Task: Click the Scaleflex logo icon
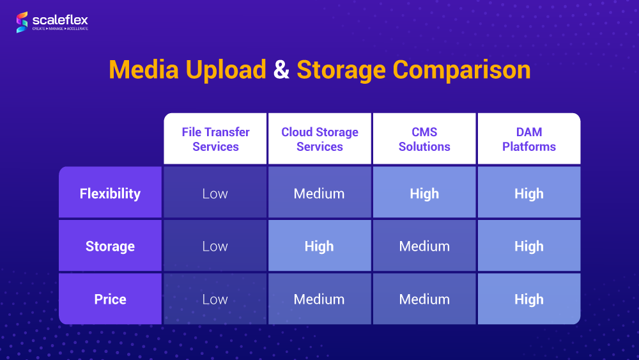pyautogui.click(x=22, y=22)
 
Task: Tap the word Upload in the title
pyautogui.click(x=226, y=70)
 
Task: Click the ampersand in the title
pyautogui.click(x=281, y=70)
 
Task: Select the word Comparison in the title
pyautogui.click(x=461, y=70)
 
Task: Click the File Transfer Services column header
pyautogui.click(x=215, y=139)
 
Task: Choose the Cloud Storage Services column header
pyautogui.click(x=319, y=139)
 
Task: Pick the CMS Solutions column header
pyautogui.click(x=424, y=139)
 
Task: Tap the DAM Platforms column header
pyautogui.click(x=529, y=139)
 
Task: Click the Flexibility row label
pyautogui.click(x=110, y=194)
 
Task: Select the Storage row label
pyautogui.click(x=110, y=246)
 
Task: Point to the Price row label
pyautogui.click(x=110, y=299)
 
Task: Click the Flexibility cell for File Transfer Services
pyautogui.click(x=215, y=194)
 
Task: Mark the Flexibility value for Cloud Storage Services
pyautogui.click(x=319, y=194)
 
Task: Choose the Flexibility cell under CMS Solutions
pyautogui.click(x=424, y=194)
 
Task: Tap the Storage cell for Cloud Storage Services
pyautogui.click(x=319, y=246)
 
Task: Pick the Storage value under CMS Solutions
pyautogui.click(x=424, y=246)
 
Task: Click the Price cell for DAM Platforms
pyautogui.click(x=529, y=299)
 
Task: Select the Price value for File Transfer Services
pyautogui.click(x=215, y=299)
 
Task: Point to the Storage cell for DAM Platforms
pyautogui.click(x=529, y=246)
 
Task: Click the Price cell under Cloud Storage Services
pyautogui.click(x=319, y=299)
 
